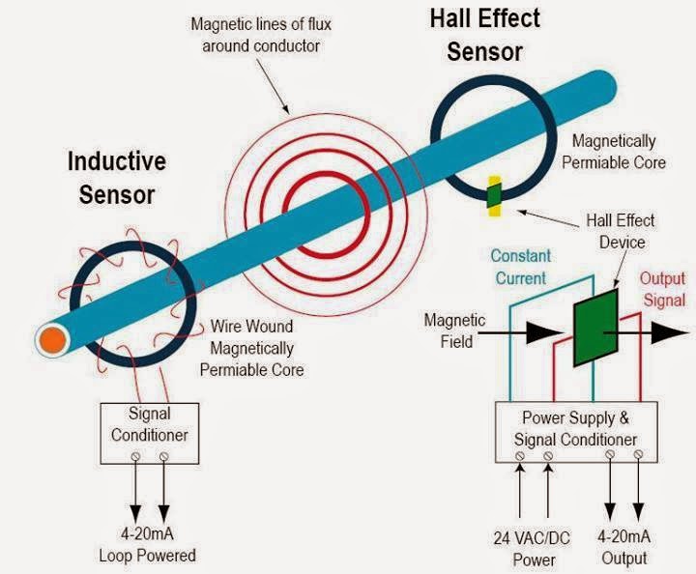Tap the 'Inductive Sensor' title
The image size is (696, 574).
pyautogui.click(x=116, y=177)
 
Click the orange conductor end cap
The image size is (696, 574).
pyautogui.click(x=51, y=339)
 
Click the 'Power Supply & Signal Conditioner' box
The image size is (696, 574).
pyautogui.click(x=575, y=428)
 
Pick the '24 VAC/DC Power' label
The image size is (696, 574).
pyautogui.click(x=534, y=548)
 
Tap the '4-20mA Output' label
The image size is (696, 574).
pyautogui.click(x=623, y=548)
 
